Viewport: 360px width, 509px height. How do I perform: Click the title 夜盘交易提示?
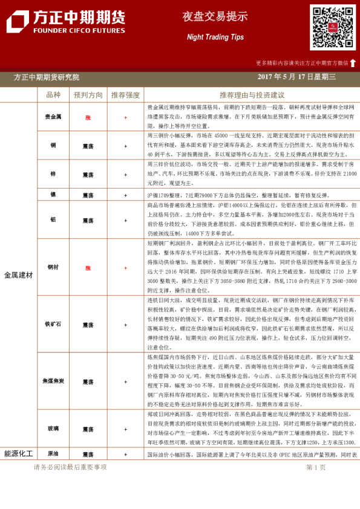(x=215, y=17)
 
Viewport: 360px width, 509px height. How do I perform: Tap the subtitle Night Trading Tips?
(x=215, y=37)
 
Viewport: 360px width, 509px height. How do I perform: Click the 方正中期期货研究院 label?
(x=47, y=77)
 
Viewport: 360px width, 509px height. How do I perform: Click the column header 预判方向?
(x=88, y=95)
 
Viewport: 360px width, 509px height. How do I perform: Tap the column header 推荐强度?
(x=125, y=95)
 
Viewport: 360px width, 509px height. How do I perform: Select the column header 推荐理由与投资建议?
(x=252, y=95)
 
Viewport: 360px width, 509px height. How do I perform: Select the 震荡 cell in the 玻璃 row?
(x=88, y=429)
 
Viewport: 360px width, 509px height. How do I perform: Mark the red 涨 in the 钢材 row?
(x=88, y=267)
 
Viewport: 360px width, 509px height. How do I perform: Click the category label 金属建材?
(x=18, y=275)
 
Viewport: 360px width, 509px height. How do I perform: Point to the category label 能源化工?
(x=18, y=453)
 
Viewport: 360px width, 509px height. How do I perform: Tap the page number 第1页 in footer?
(x=316, y=467)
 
